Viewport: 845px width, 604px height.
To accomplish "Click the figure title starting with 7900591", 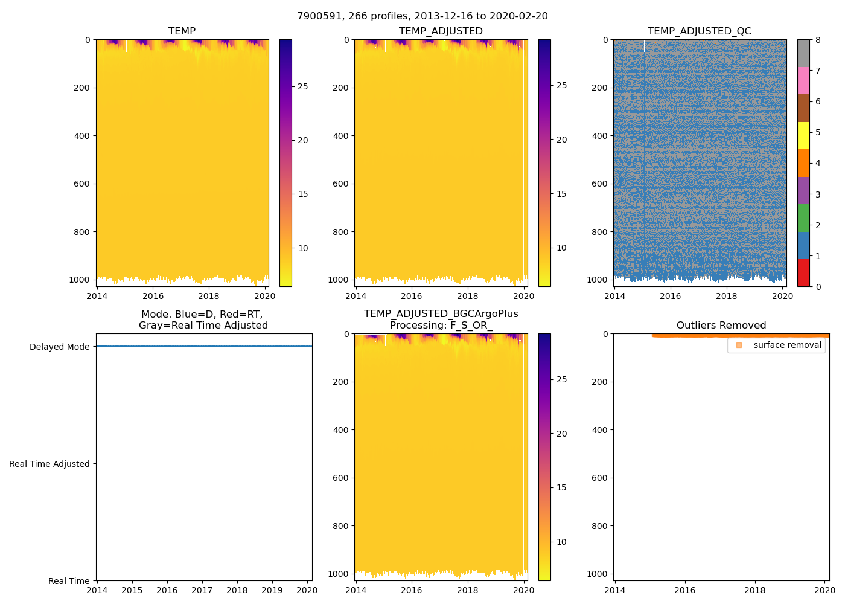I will coord(422,16).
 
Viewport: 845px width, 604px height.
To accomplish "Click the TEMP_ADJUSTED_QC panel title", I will coord(699,31).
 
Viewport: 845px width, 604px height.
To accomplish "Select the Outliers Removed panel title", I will coord(721,326).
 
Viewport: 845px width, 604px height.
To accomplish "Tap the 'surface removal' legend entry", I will coord(786,345).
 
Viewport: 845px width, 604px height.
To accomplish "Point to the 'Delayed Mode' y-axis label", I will coord(59,347).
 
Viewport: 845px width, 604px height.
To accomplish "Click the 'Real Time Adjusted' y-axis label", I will coord(49,464).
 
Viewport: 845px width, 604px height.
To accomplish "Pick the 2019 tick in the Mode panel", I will coord(272,590).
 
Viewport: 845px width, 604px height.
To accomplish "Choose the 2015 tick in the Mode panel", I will coord(132,590).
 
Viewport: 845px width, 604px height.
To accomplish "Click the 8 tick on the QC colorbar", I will coord(818,40).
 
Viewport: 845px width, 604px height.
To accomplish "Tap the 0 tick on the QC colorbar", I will coord(818,287).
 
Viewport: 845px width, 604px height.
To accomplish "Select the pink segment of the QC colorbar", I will coord(803,80).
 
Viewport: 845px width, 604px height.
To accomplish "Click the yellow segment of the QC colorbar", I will coord(803,135).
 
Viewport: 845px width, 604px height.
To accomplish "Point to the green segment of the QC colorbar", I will coord(803,217).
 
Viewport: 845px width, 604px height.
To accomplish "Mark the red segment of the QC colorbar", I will coord(803,272).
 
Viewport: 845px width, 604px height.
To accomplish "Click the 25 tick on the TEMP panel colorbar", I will coord(302,86).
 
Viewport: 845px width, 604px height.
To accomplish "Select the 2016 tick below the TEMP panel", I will coord(153,296).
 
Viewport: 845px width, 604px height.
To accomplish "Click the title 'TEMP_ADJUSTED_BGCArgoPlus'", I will coord(441,314).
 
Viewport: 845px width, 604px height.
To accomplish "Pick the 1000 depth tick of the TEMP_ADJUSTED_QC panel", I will coord(597,280).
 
